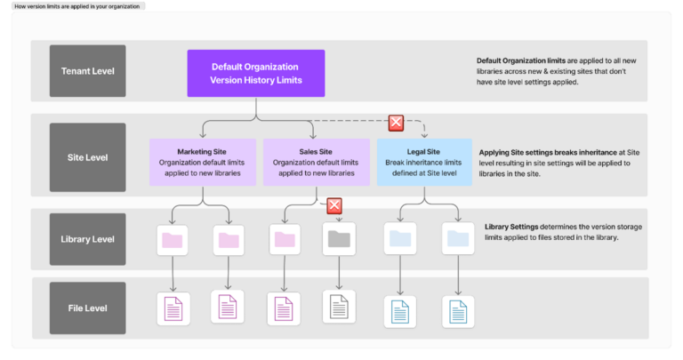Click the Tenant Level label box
click(x=88, y=71)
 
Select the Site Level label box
click(x=88, y=157)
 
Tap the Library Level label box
click(x=88, y=239)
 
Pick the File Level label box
click(x=88, y=308)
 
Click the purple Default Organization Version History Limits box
click(x=255, y=73)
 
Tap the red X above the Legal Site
click(x=397, y=123)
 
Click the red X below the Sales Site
click(x=334, y=206)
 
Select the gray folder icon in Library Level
click(x=340, y=239)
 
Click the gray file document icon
click(x=340, y=308)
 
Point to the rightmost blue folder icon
click(x=457, y=239)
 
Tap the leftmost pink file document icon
click(x=172, y=308)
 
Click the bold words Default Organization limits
click(x=523, y=60)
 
